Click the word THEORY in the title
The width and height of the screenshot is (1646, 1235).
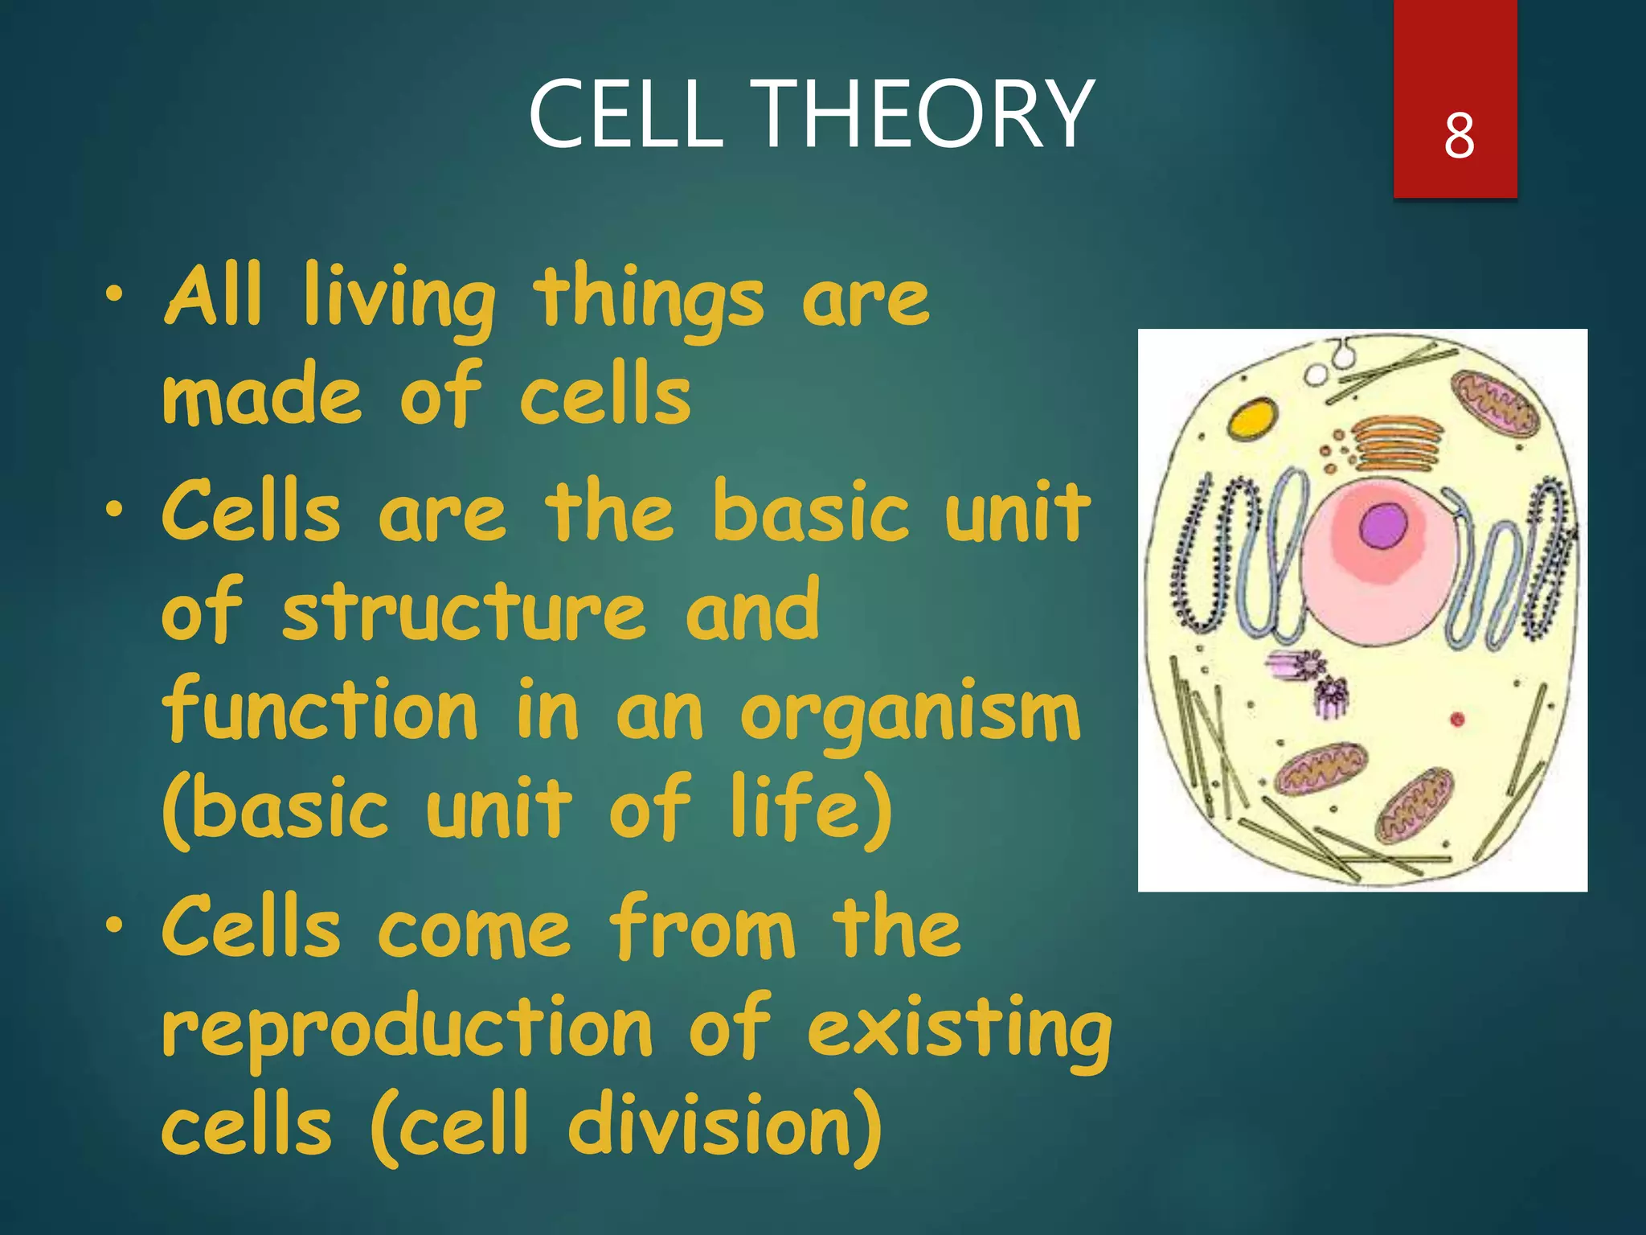(924, 114)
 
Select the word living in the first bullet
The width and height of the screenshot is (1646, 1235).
(399, 299)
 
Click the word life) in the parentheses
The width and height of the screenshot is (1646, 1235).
(812, 808)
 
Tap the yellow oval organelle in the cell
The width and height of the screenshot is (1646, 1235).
(1252, 418)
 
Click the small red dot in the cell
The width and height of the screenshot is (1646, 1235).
(1457, 719)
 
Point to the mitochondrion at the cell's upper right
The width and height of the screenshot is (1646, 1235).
(1494, 404)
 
